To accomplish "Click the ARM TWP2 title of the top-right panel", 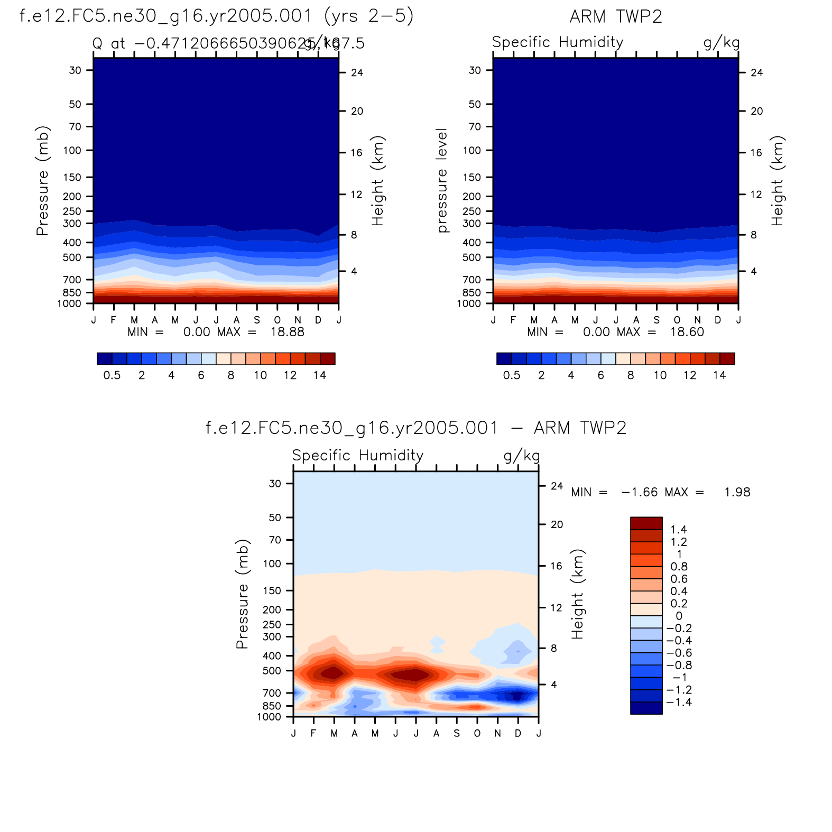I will coord(616,17).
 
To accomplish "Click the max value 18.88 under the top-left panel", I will coord(288,332).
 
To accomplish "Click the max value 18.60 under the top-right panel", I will coord(687,332).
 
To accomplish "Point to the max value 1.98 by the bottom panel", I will coord(737,492).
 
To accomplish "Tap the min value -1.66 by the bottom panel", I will coord(640,492).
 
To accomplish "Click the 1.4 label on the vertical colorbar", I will coord(679,530).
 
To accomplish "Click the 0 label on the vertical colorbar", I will coord(679,616).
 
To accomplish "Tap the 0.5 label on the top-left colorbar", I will coord(112,375).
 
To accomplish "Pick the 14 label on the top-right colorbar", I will coord(719,375).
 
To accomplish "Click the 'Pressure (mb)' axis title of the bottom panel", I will coord(242,594).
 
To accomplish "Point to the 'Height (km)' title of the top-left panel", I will coord(377,181).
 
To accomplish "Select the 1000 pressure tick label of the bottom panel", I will coord(269,717).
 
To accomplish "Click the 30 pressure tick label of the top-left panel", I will coord(75,70).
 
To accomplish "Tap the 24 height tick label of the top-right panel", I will coord(757,73).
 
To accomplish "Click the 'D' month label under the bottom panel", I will coord(518,733).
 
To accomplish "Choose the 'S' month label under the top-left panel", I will coord(257,320).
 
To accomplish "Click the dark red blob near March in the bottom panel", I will coord(333,673).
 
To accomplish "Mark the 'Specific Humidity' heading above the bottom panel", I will coord(358,456).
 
